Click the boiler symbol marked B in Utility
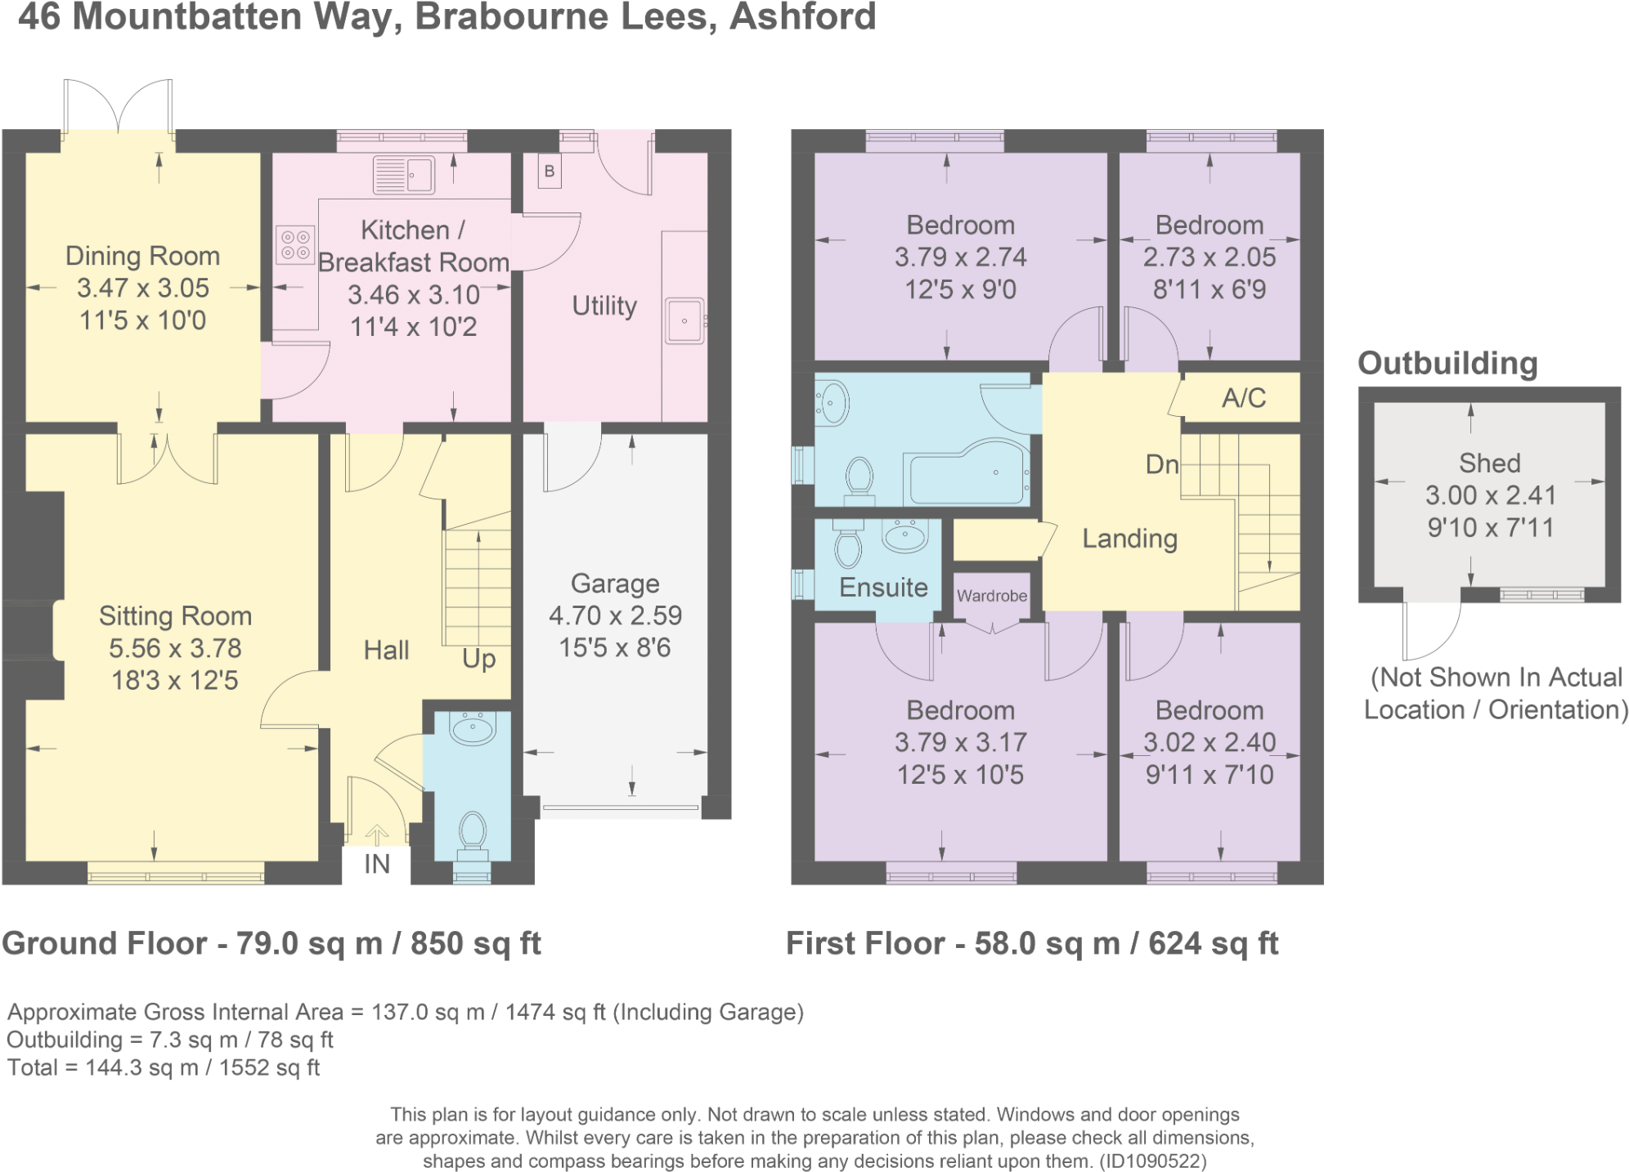tap(550, 172)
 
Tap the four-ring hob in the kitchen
tap(295, 244)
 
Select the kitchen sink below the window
tap(403, 175)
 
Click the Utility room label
tap(604, 306)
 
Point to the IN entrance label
tap(376, 864)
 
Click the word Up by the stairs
tap(478, 658)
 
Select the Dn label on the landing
tap(1161, 464)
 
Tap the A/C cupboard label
tap(1243, 398)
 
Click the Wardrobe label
tap(992, 596)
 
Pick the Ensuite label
tap(883, 587)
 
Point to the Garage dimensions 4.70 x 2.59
tap(615, 615)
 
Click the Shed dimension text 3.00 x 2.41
tap(1490, 495)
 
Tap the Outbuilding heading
tap(1447, 363)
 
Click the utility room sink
tap(684, 321)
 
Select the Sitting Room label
tap(175, 615)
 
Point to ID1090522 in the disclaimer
tap(1151, 1161)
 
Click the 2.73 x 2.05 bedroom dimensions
tap(1209, 257)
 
